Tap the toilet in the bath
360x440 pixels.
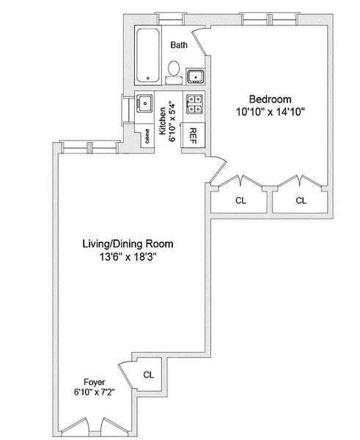[174, 70]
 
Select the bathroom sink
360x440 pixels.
[195, 76]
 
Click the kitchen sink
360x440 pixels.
[145, 104]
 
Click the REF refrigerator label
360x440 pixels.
[194, 136]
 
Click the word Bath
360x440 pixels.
[178, 45]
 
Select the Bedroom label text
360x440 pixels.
[270, 99]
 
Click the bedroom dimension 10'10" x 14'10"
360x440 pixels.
[270, 111]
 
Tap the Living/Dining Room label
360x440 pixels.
[128, 243]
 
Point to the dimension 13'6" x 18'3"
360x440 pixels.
[128, 257]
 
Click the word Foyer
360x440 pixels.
[93, 382]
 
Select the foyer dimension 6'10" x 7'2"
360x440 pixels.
[93, 392]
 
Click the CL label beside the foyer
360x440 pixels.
[149, 374]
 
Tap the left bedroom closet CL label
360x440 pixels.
[240, 199]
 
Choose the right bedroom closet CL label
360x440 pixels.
[301, 199]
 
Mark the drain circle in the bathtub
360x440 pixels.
[147, 78]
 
